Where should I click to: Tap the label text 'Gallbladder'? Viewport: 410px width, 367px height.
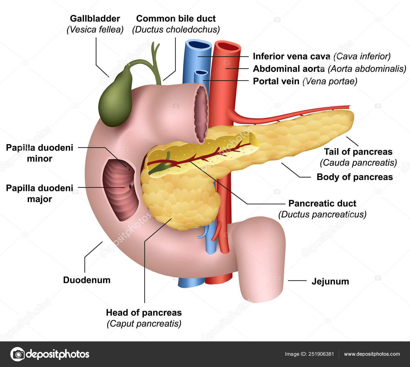tap(95, 18)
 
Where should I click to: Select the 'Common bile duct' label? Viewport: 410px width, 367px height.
tap(176, 18)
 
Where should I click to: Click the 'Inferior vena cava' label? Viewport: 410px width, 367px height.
tap(291, 56)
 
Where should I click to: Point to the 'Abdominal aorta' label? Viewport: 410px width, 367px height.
tap(289, 69)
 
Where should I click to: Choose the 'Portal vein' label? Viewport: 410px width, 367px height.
tap(276, 81)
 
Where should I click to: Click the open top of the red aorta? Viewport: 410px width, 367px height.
tap(228, 47)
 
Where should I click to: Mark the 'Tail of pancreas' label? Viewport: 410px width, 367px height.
tap(358, 152)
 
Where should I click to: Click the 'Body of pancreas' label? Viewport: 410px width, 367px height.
tap(355, 177)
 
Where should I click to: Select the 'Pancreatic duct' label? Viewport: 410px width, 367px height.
tap(322, 203)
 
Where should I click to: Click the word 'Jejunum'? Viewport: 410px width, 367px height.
tap(330, 281)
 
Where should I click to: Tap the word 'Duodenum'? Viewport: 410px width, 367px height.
tap(87, 280)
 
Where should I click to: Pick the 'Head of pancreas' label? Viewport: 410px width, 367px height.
tap(144, 312)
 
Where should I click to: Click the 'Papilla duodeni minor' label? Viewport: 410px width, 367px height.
tap(39, 153)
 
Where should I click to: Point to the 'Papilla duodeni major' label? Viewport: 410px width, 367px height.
tap(39, 193)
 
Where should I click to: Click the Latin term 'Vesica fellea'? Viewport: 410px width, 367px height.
tap(95, 30)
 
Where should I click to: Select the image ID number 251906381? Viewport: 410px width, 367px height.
tap(321, 354)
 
